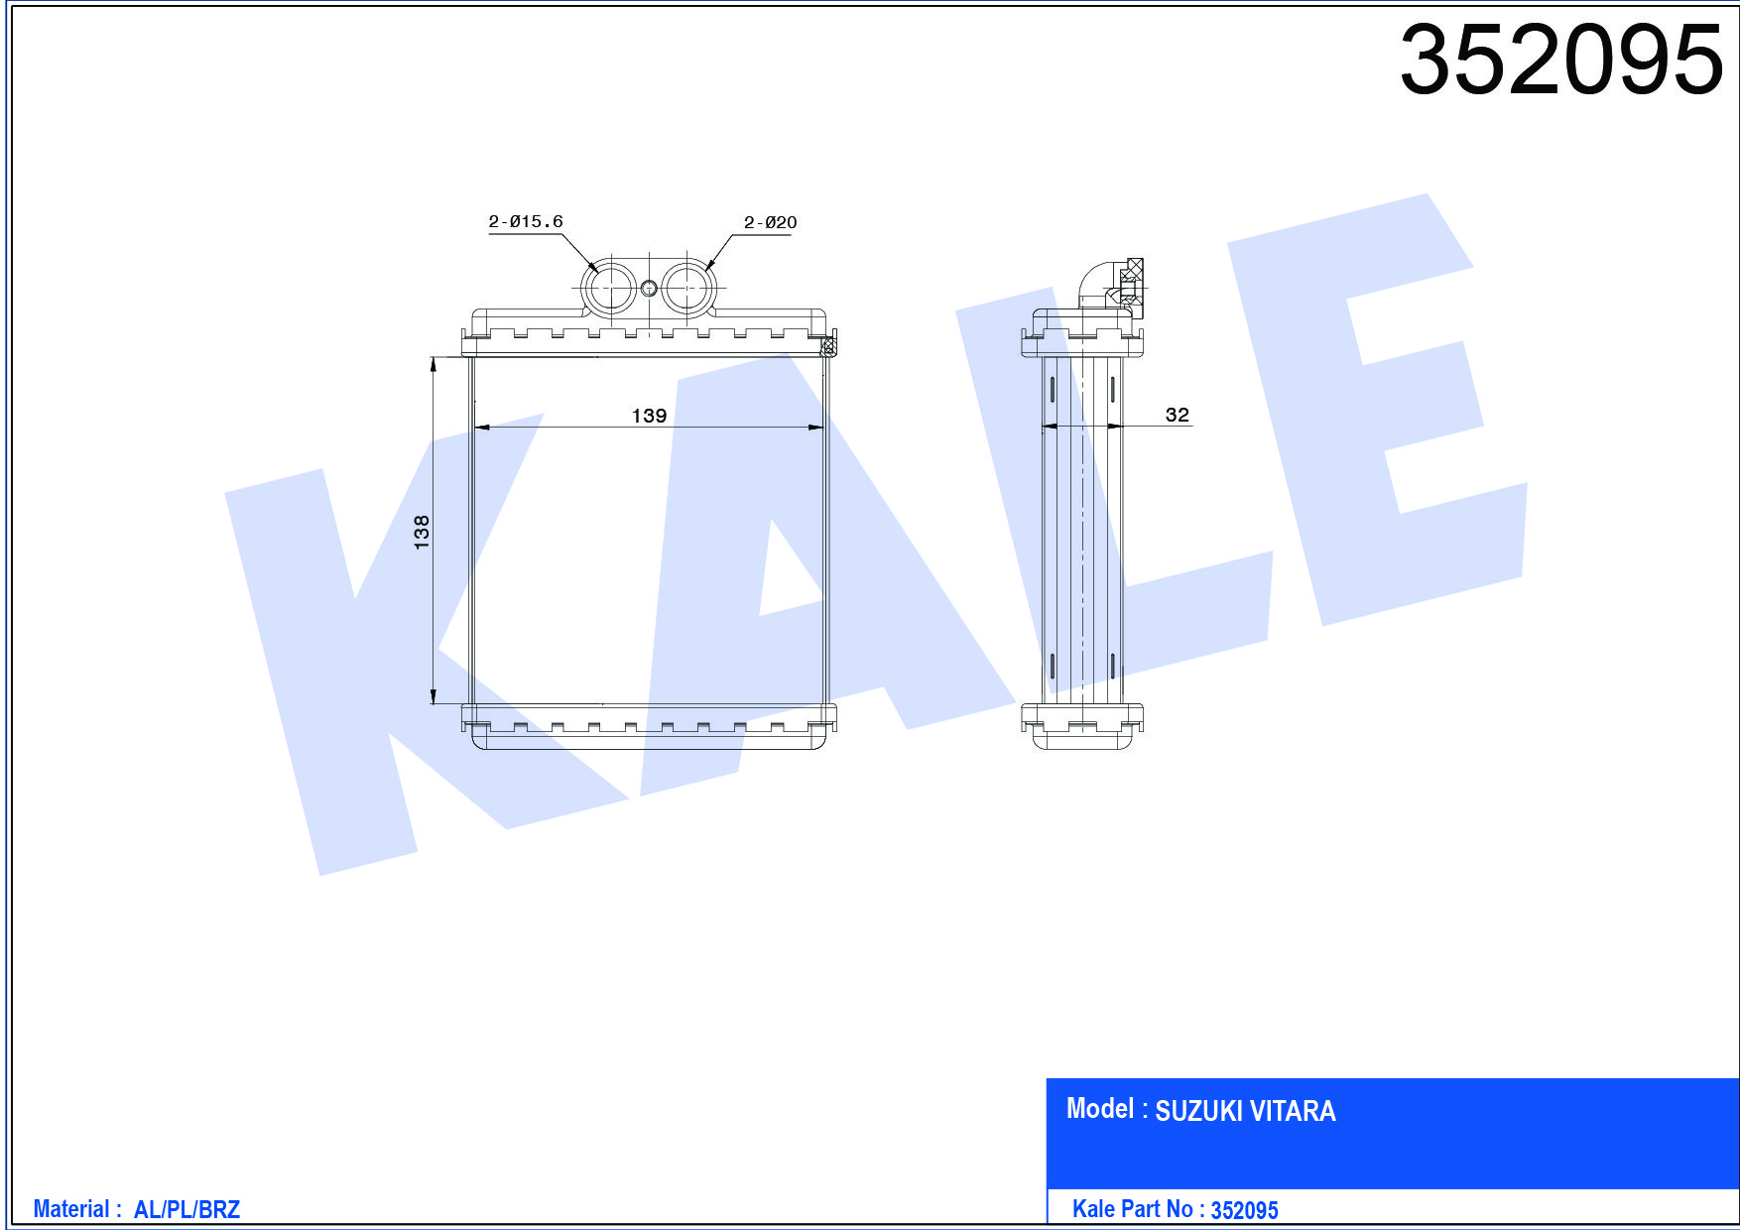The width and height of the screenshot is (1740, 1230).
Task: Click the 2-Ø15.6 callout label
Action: pyautogui.click(x=525, y=222)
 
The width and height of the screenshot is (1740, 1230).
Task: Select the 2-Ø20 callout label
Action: pyautogui.click(x=770, y=223)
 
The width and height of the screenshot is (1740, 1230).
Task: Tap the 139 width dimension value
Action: pyautogui.click(x=649, y=416)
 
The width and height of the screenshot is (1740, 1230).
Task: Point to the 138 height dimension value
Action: pyautogui.click(x=422, y=533)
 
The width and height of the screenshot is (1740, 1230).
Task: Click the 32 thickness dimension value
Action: pyautogui.click(x=1177, y=415)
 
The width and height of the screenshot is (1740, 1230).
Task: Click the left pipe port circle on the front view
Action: pyautogui.click(x=609, y=289)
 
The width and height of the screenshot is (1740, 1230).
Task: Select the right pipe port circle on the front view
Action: pyautogui.click(x=687, y=289)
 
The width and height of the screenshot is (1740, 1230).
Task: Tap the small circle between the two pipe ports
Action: pyautogui.click(x=649, y=289)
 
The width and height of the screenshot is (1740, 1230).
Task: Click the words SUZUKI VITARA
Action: pyautogui.click(x=1245, y=1111)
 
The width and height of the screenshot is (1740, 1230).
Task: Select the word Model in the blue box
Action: pyautogui.click(x=1099, y=1109)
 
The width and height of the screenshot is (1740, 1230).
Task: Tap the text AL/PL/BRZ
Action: pyautogui.click(x=186, y=1210)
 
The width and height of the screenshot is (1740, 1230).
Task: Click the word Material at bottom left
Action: pyautogui.click(x=71, y=1209)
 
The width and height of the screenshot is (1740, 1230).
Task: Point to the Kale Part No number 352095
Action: pyautogui.click(x=1244, y=1210)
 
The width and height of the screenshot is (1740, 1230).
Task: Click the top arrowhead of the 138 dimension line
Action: pyautogui.click(x=434, y=364)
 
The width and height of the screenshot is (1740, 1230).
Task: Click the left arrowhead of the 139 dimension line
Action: pyautogui.click(x=481, y=428)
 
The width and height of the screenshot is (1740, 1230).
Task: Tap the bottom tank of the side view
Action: pyautogui.click(x=1082, y=726)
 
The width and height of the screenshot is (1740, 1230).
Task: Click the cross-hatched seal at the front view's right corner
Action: pyautogui.click(x=828, y=346)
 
